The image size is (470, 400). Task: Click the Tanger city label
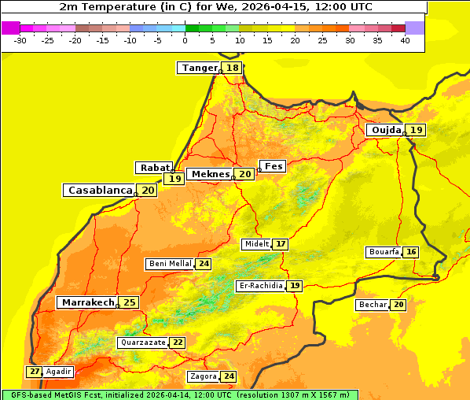[199, 68]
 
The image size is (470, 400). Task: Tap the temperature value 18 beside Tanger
[233, 68]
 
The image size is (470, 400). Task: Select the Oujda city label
[386, 130]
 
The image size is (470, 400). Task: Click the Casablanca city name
[99, 191]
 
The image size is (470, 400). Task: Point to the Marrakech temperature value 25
[130, 302]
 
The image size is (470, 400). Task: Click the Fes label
[273, 166]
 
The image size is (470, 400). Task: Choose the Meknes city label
[211, 174]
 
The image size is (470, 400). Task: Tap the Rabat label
[155, 168]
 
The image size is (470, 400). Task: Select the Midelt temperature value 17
[281, 244]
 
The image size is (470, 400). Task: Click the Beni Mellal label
[170, 264]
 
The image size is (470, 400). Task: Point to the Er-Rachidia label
[260, 286]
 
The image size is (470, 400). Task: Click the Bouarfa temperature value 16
[411, 252]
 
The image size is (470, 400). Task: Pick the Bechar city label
[373, 305]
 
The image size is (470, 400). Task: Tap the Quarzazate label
[142, 343]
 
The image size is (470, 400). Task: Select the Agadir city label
[59, 372]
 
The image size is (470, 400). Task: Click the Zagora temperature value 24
[229, 376]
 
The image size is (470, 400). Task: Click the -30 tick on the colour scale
[20, 40]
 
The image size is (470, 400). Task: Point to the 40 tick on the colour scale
[405, 40]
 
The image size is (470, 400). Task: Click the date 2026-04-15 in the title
[290, 6]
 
